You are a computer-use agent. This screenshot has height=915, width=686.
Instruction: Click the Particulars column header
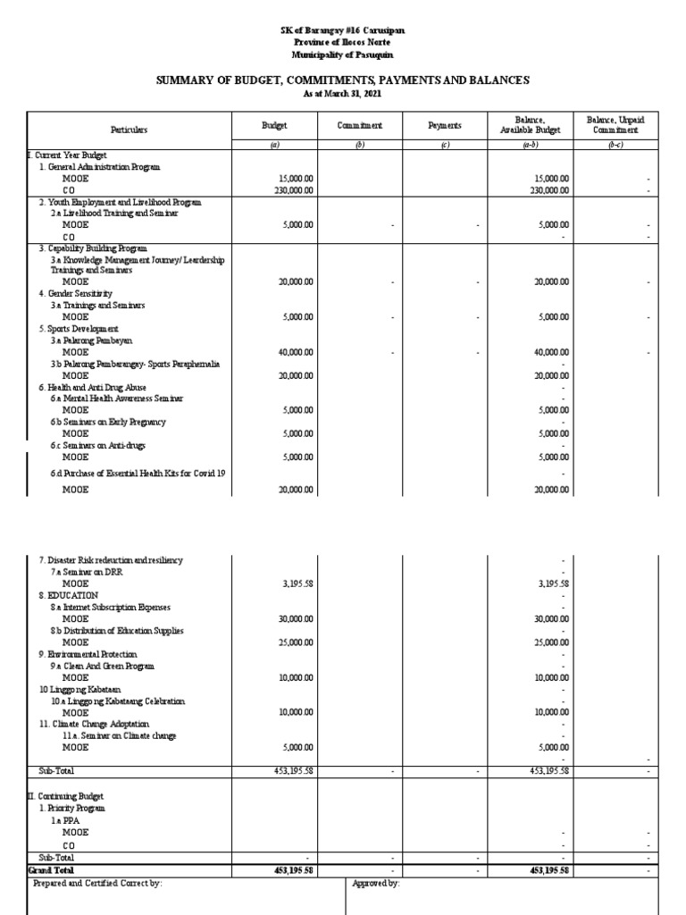click(x=130, y=130)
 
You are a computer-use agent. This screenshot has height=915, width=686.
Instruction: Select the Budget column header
click(x=273, y=127)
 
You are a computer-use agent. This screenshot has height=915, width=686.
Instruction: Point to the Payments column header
click(x=444, y=127)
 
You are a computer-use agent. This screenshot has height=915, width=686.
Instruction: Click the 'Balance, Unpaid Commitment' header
click(x=615, y=124)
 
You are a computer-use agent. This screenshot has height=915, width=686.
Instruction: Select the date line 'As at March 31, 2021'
click(x=343, y=93)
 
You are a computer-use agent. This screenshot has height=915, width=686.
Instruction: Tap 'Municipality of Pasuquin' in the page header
click(x=343, y=55)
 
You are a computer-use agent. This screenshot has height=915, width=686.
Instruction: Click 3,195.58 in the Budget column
click(x=297, y=583)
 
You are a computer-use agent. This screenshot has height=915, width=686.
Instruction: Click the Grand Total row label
click(x=52, y=869)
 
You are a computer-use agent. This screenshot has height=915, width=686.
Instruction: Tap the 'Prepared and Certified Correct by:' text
click(x=97, y=883)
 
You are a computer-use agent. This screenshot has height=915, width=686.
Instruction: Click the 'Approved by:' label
click(x=377, y=883)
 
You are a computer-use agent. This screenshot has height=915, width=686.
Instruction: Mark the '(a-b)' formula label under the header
click(x=529, y=145)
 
